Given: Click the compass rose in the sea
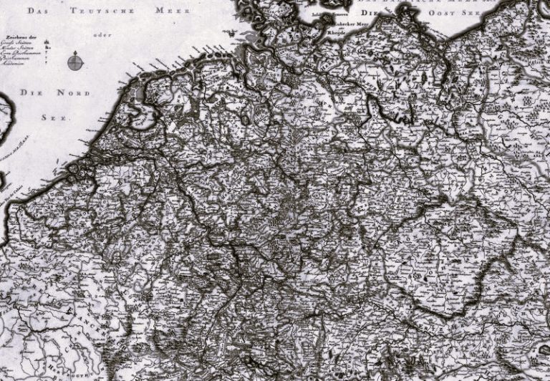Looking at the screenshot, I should pyautogui.click(x=74, y=62).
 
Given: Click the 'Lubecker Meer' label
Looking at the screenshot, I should pyautogui.click(x=343, y=24).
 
